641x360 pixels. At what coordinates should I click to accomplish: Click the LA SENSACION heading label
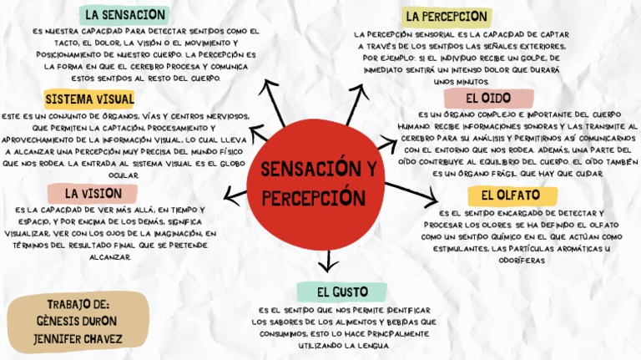tap(124, 14)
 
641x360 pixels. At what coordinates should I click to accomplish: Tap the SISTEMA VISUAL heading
tap(89, 99)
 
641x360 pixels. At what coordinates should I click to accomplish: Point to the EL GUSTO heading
tap(342, 292)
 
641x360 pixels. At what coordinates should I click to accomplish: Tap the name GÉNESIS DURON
tap(78, 322)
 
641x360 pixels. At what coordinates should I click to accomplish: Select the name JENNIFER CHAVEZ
tap(78, 339)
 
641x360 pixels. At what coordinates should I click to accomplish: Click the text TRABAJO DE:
tap(78, 304)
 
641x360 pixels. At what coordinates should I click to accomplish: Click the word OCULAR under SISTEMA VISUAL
tap(124, 175)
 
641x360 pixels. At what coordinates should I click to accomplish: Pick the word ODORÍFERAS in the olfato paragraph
tap(522, 260)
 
